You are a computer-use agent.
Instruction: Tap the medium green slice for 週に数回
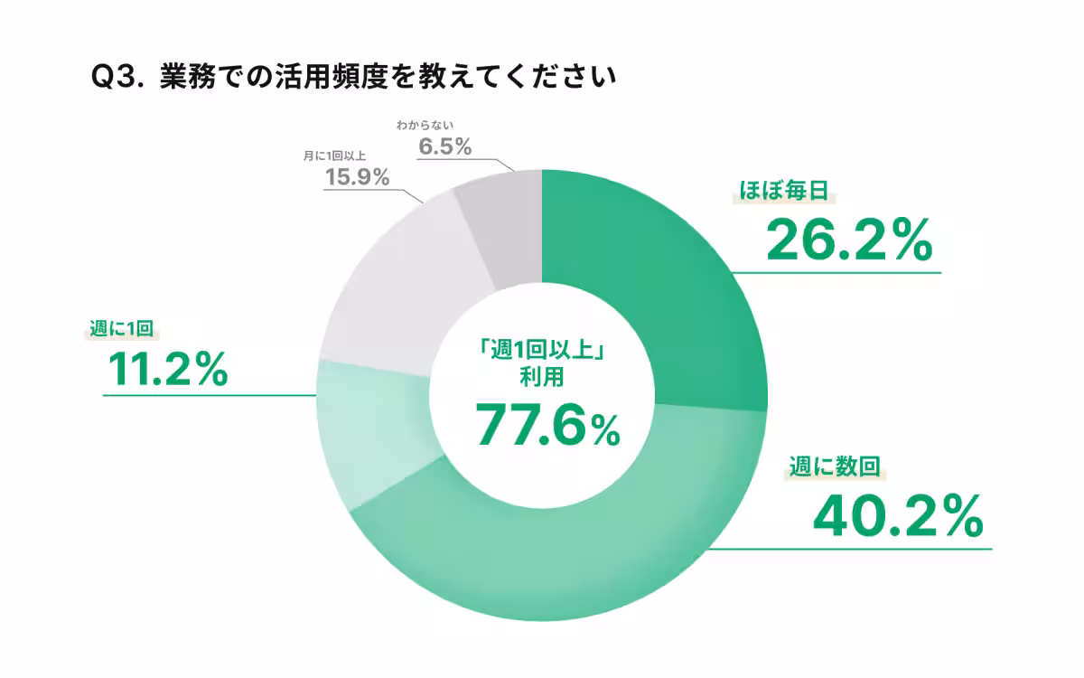point(578,551)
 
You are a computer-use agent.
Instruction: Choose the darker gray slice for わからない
point(501,226)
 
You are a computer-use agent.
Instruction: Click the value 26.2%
point(848,240)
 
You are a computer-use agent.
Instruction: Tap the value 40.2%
point(897,515)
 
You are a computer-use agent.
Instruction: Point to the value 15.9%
point(357,176)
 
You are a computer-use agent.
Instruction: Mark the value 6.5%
point(444,146)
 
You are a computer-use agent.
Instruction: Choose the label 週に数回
point(833,467)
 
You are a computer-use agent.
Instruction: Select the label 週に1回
point(118,327)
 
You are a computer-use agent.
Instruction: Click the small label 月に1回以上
point(334,155)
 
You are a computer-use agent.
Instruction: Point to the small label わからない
point(424,124)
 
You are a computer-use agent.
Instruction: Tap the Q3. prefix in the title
point(118,79)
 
